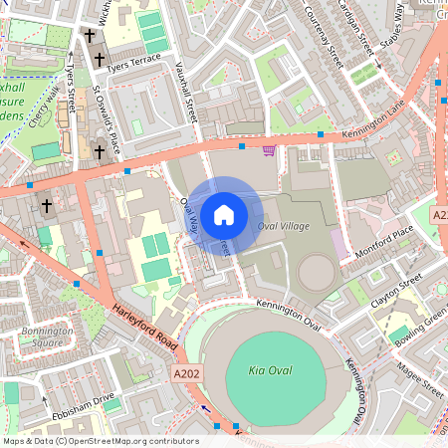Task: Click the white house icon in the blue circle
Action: (x=224, y=214)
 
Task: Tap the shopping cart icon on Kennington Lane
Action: (x=270, y=150)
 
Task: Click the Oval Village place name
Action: (x=284, y=227)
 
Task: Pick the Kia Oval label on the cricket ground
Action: (x=265, y=371)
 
